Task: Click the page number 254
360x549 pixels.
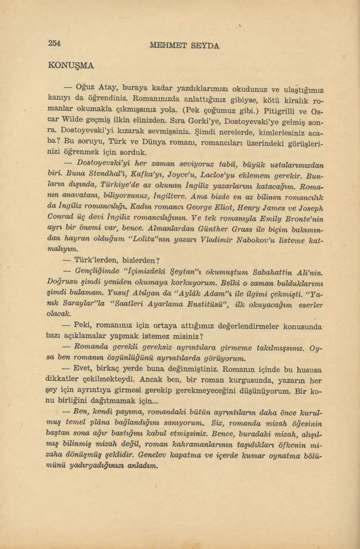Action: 54,43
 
